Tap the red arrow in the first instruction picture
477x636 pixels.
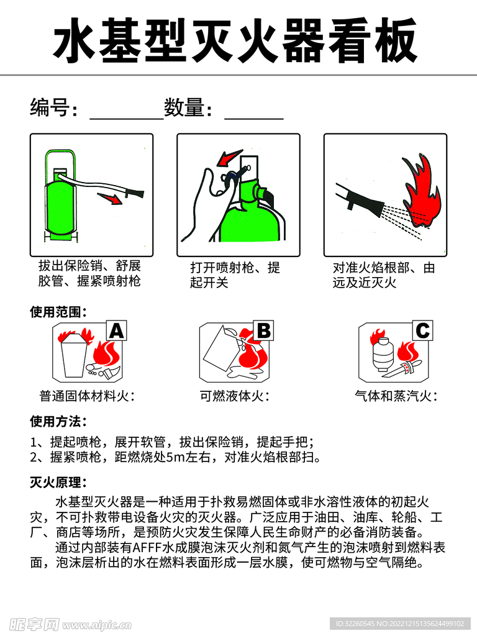pos(111,198)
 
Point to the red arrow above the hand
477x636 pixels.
pos(228,158)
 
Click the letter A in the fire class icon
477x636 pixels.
pos(116,332)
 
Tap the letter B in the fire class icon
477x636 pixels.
pos(263,331)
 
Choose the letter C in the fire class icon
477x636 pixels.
pos(422,331)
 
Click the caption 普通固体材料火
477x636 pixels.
pos(87,396)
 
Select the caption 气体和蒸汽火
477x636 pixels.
pos(396,396)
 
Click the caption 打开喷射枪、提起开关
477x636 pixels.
pos(235,275)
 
